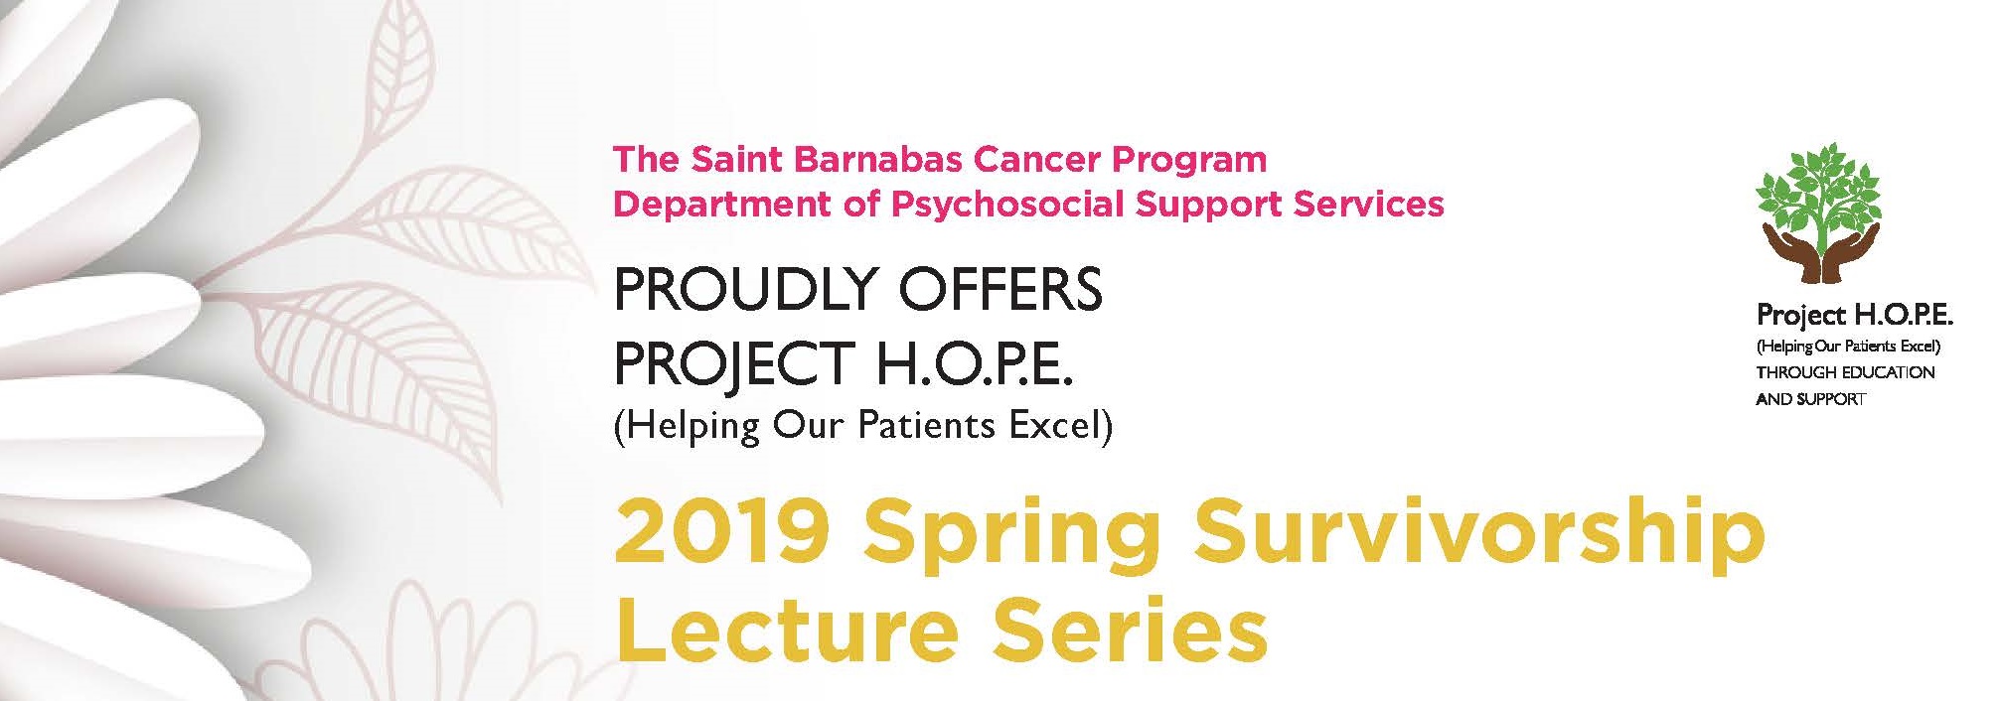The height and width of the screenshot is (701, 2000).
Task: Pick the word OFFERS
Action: (x=1000, y=289)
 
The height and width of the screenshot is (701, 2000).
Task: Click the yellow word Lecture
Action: (x=788, y=630)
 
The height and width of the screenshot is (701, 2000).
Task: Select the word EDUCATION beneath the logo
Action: (x=1888, y=372)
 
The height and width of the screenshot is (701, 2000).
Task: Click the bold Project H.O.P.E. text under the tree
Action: (x=1855, y=317)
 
